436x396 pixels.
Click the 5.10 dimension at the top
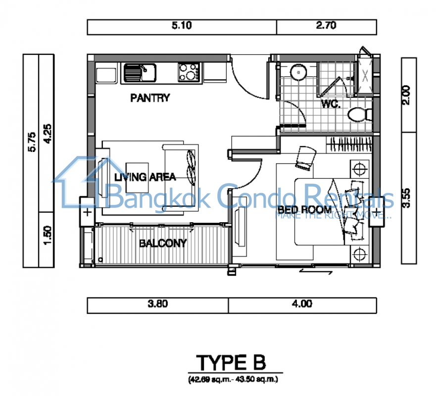click(x=182, y=26)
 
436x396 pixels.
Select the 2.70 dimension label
click(x=326, y=26)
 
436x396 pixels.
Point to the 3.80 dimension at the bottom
click(x=158, y=303)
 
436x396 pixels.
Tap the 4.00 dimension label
click(x=302, y=303)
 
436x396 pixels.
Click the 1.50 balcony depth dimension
click(x=48, y=236)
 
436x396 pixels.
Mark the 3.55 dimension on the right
click(x=406, y=198)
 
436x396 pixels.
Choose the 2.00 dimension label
click(x=406, y=96)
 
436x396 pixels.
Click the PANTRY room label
click(x=150, y=98)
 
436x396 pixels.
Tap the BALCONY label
click(x=163, y=244)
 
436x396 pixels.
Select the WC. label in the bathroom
click(x=331, y=104)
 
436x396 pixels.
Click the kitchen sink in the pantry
click(x=140, y=73)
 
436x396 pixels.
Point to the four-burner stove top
click(x=190, y=72)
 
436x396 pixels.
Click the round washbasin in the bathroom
click(x=298, y=73)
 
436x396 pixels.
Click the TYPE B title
click(x=231, y=362)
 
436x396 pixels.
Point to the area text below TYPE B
click(x=233, y=379)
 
